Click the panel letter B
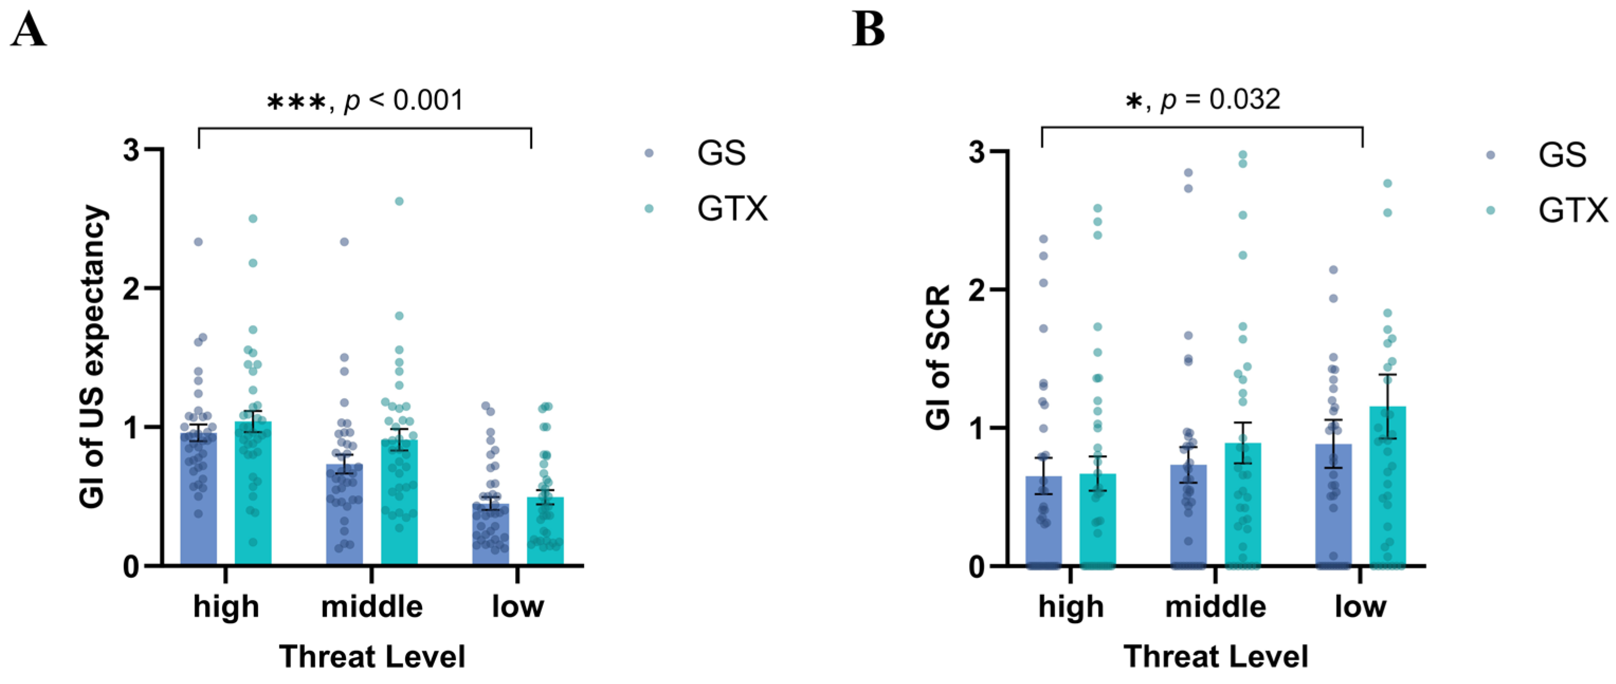point(868,30)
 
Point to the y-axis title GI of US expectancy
point(93,356)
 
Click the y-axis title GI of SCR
point(938,357)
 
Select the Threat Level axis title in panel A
point(372,657)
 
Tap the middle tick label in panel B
point(1215,606)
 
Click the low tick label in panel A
point(517,606)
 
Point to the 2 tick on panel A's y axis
point(131,289)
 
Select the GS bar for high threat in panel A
point(198,502)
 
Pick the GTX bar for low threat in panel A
point(544,533)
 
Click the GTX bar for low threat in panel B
point(1387,489)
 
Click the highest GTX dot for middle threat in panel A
point(399,201)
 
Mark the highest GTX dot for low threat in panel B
point(1387,183)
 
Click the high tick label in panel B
point(1071,606)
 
